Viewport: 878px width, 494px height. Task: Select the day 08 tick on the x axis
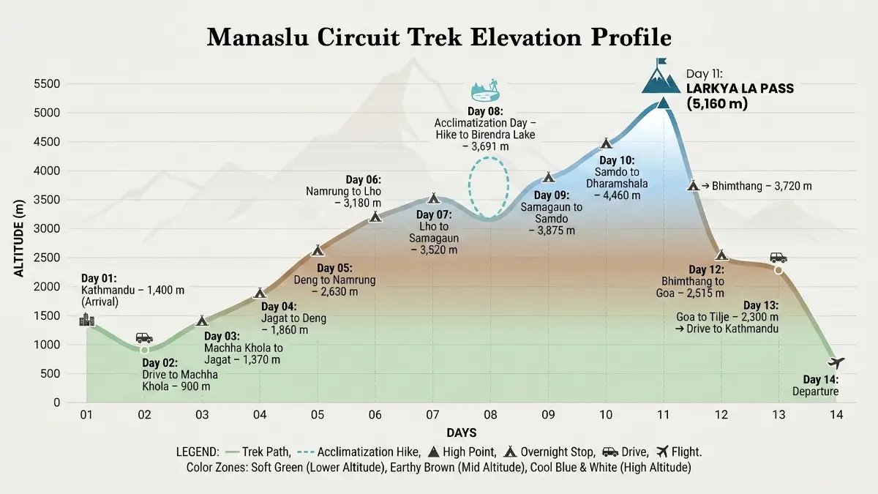489,415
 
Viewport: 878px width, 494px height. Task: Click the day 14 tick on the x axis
836,415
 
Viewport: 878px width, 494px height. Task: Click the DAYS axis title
462,433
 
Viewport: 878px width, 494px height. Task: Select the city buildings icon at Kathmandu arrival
87,319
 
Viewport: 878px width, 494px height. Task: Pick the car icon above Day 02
144,337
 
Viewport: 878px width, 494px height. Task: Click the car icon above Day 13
778,258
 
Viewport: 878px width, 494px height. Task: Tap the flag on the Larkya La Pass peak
662,64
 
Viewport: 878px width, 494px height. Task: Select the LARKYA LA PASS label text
739,89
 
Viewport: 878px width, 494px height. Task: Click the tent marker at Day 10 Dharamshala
605,143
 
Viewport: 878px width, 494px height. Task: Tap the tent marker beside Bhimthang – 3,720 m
693,185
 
